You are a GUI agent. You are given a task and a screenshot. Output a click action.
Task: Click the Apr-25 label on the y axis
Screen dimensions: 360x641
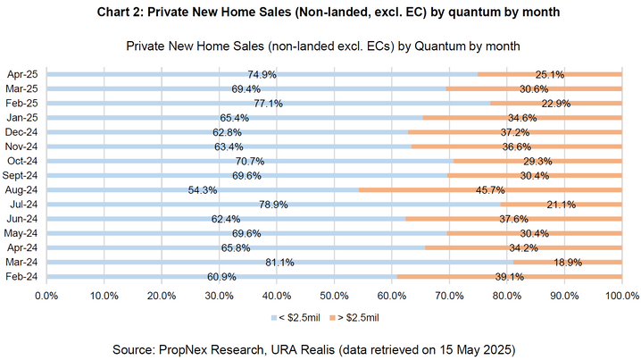[21, 74]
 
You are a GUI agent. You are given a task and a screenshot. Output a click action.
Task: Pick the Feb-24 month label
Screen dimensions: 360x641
[21, 277]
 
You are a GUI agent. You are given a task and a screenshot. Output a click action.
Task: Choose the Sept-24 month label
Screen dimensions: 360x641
[21, 175]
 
